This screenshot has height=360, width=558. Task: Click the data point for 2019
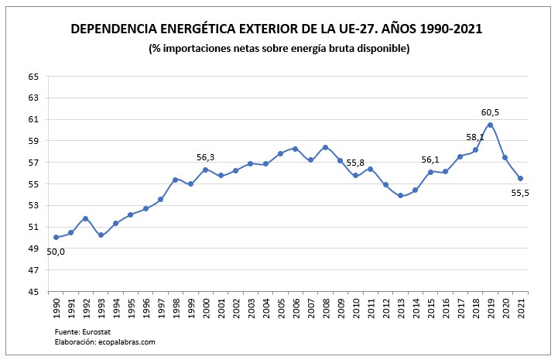pyautogui.click(x=491, y=125)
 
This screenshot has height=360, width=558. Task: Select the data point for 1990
pyautogui.click(x=56, y=238)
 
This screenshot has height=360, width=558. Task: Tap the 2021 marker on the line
pyautogui.click(x=520, y=179)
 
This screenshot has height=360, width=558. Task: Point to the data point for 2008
pyautogui.click(x=325, y=147)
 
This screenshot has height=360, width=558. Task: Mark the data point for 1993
pyautogui.click(x=101, y=235)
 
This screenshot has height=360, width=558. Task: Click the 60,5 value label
pyautogui.click(x=490, y=112)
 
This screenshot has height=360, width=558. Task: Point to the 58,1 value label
pyautogui.click(x=474, y=137)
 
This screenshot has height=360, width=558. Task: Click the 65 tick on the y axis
pyautogui.click(x=33, y=77)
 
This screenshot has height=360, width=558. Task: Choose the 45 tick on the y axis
pyautogui.click(x=33, y=292)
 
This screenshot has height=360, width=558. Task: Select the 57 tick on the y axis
pyautogui.click(x=33, y=163)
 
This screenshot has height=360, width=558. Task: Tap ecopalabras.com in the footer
pyautogui.click(x=128, y=341)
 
